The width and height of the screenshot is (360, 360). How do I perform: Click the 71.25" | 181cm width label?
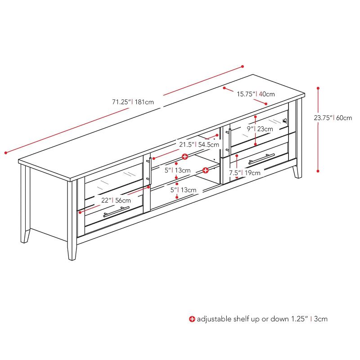pos(133,102)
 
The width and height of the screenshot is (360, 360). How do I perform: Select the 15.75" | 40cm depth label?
pos(256,94)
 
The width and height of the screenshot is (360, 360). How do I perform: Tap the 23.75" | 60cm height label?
pos(333,118)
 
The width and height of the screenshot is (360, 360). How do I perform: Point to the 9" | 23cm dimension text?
pos(260,129)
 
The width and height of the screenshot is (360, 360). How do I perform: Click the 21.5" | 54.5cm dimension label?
pos(199,145)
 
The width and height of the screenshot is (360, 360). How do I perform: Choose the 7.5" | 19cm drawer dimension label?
pos(244,172)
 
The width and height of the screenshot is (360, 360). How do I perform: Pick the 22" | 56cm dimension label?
pos(116,200)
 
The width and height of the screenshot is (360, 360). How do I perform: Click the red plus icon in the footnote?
pos(192,319)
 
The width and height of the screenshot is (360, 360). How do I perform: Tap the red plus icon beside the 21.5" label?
pos(184,156)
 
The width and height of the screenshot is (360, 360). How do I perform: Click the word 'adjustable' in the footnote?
pos(212,319)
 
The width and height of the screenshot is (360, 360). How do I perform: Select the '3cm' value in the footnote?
pos(321,319)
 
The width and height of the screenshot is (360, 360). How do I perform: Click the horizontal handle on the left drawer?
pos(116,211)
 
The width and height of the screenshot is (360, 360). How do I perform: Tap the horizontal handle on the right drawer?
pos(261,159)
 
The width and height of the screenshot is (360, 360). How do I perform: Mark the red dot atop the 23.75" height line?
pos(318,88)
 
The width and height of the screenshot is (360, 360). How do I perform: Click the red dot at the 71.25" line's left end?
pos(5,153)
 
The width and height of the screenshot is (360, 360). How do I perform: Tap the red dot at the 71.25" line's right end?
pos(243,66)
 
